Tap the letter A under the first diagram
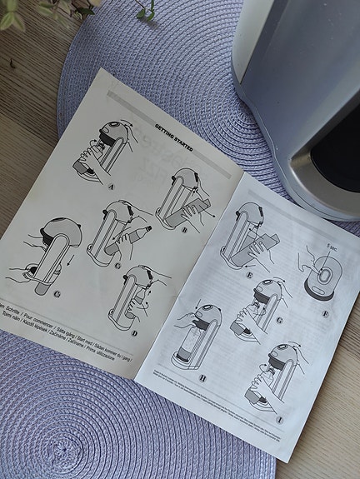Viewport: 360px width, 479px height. pyautogui.click(x=111, y=187)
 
